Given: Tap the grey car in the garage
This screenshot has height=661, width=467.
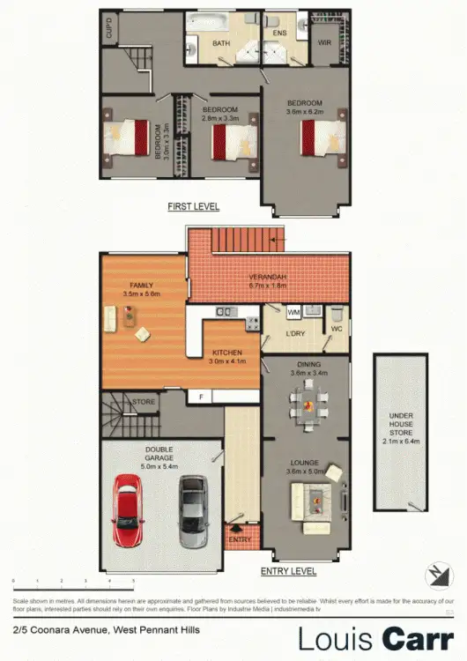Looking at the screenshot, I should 192,511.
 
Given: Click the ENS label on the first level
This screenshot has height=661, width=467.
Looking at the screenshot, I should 280,33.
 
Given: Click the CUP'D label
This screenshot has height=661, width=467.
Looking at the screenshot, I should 109,32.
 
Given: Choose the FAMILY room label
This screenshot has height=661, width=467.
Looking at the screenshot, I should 142,286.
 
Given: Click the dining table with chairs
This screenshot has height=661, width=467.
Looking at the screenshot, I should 308,407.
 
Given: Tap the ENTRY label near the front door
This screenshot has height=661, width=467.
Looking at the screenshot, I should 240,539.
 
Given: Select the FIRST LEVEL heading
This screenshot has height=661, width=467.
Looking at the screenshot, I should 193,206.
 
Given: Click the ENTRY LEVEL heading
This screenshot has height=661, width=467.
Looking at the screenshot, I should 288,571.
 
